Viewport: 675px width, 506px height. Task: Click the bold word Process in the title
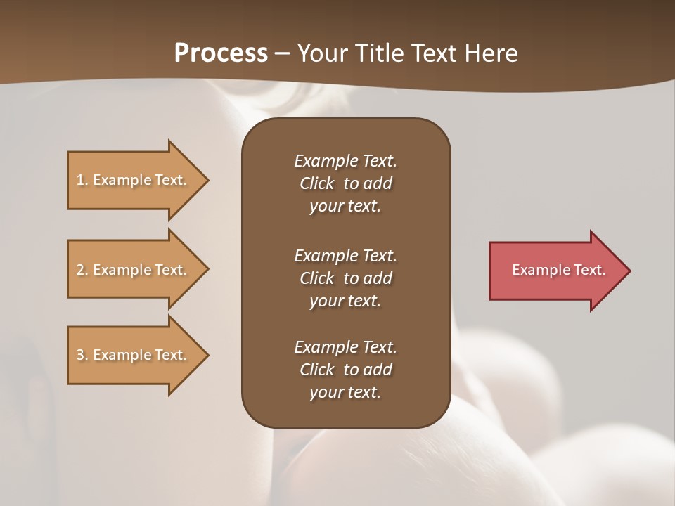coord(221,53)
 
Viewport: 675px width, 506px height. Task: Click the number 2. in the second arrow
coord(82,270)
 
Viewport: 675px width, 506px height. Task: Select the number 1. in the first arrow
coord(82,180)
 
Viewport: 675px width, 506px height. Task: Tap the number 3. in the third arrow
coord(82,355)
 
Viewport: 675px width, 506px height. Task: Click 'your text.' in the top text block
coord(345,207)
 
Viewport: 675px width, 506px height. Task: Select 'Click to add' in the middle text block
coord(345,278)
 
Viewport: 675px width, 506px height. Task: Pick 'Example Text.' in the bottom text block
coord(345,347)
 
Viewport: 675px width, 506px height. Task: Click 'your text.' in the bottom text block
coord(345,393)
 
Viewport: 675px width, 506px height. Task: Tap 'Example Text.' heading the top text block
coord(345,161)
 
